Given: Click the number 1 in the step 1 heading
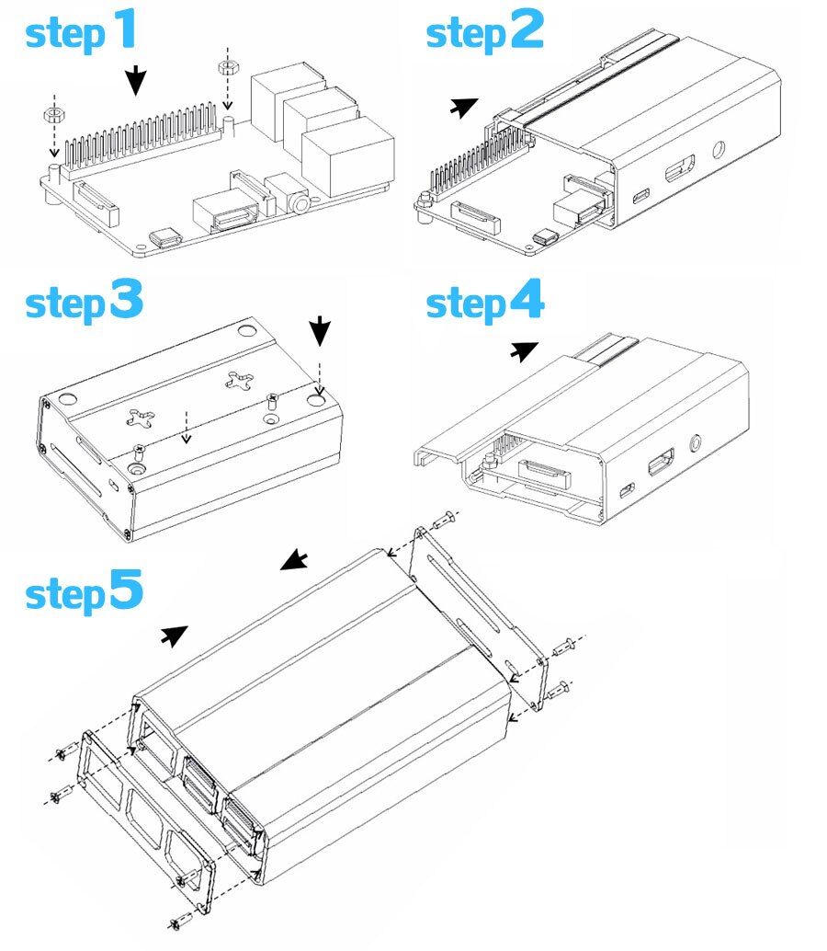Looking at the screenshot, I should click(123, 30).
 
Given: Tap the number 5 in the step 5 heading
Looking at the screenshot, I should click(125, 589).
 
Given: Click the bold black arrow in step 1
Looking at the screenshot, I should click(136, 81).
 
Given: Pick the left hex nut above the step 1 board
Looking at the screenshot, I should click(53, 114).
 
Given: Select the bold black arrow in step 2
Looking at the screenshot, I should click(464, 108).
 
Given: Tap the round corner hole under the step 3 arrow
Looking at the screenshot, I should click(318, 400).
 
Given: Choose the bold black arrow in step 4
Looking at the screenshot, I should click(524, 350).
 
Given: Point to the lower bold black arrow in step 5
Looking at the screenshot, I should click(175, 634).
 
